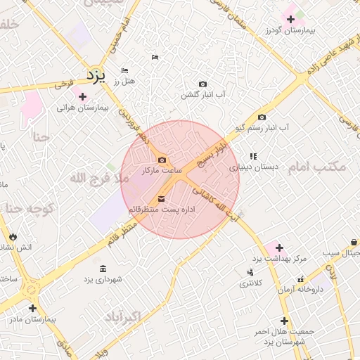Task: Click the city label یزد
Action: (x=95, y=74)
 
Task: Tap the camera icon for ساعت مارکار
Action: (x=162, y=160)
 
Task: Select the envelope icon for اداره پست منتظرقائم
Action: (x=162, y=200)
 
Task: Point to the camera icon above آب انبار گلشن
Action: (x=203, y=84)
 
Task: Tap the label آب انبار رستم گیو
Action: (x=262, y=128)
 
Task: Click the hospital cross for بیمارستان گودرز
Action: (x=290, y=19)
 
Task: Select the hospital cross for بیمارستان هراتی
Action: (x=83, y=96)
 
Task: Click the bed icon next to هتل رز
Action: (x=125, y=71)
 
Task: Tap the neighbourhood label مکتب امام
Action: (x=319, y=167)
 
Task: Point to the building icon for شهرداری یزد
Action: (x=103, y=269)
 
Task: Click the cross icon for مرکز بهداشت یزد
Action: (x=280, y=247)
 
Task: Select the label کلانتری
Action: (x=250, y=283)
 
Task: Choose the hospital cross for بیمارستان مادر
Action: (x=32, y=308)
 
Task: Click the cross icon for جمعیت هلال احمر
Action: (x=284, y=321)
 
